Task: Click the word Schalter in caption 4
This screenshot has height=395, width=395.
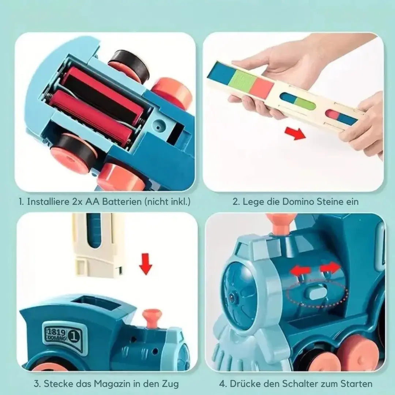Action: [x=300, y=384]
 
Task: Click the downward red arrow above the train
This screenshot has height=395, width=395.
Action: [x=146, y=264]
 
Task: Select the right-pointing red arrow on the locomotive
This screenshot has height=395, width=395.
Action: [x=331, y=267]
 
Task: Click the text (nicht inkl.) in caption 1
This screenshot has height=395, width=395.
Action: [x=168, y=202]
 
